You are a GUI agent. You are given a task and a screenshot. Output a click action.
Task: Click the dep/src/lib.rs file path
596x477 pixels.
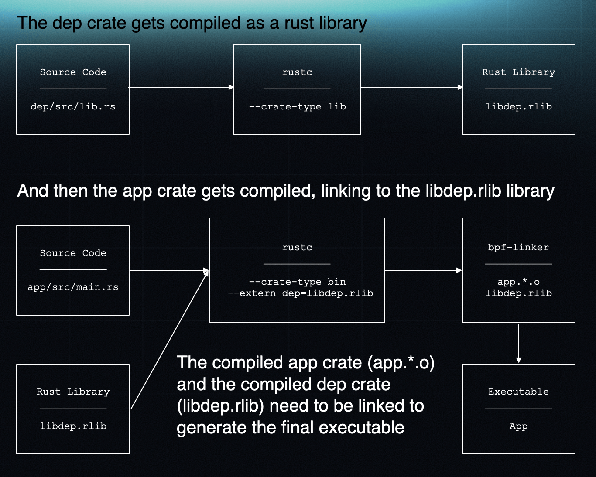click(73, 107)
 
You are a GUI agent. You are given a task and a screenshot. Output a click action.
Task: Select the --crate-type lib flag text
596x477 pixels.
click(297, 107)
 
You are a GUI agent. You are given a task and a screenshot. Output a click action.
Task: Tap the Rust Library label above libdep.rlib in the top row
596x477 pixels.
click(518, 72)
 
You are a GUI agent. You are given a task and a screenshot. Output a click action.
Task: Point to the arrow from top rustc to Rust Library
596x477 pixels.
click(411, 87)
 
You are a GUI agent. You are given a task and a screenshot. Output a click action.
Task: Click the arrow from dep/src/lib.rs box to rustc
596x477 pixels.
click(181, 87)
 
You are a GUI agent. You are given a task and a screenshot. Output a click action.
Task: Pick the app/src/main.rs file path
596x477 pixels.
click(73, 287)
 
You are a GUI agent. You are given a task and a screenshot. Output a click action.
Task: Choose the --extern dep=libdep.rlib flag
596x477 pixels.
click(300, 293)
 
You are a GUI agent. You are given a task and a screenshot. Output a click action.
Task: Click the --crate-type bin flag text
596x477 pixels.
click(297, 282)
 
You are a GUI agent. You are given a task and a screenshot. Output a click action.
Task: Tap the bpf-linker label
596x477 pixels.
click(518, 248)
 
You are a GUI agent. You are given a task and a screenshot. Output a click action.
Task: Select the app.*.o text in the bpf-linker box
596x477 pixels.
click(518, 282)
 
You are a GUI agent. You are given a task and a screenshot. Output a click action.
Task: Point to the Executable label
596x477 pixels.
click(518, 392)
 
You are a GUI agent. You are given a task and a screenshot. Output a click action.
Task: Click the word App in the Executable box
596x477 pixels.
click(518, 426)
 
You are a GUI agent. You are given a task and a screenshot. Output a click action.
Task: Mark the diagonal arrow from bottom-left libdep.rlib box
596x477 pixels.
click(169, 340)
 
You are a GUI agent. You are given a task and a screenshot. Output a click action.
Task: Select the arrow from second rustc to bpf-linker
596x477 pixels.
click(423, 270)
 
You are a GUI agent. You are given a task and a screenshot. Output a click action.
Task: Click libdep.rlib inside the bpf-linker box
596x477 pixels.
click(518, 293)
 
